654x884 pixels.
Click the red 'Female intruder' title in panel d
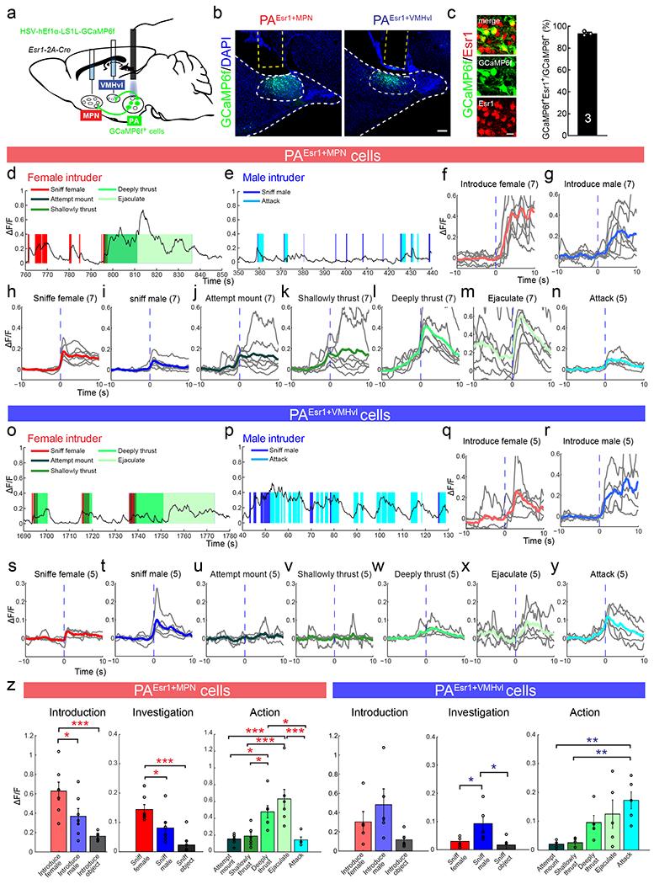[x=60, y=179]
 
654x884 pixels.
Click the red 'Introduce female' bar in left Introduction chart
[x=58, y=818]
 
